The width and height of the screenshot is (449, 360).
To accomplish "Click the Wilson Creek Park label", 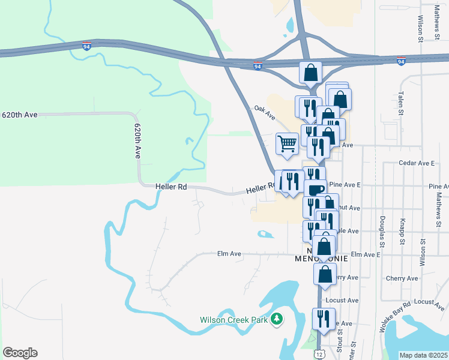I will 234,320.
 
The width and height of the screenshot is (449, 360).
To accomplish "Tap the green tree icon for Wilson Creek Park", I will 276,319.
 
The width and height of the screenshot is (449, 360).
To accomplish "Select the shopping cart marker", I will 287,144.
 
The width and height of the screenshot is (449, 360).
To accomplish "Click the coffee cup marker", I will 315,189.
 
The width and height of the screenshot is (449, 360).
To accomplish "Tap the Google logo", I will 20,353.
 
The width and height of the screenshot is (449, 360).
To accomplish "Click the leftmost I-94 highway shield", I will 87,46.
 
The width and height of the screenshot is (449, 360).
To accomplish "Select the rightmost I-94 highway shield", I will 401,61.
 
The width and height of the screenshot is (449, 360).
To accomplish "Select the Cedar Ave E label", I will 417,163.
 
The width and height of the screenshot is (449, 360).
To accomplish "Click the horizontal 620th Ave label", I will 20,114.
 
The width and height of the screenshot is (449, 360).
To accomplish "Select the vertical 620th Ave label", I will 137,141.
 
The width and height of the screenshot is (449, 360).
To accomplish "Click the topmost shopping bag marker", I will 310,72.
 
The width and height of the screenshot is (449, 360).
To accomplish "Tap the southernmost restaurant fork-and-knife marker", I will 324,318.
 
